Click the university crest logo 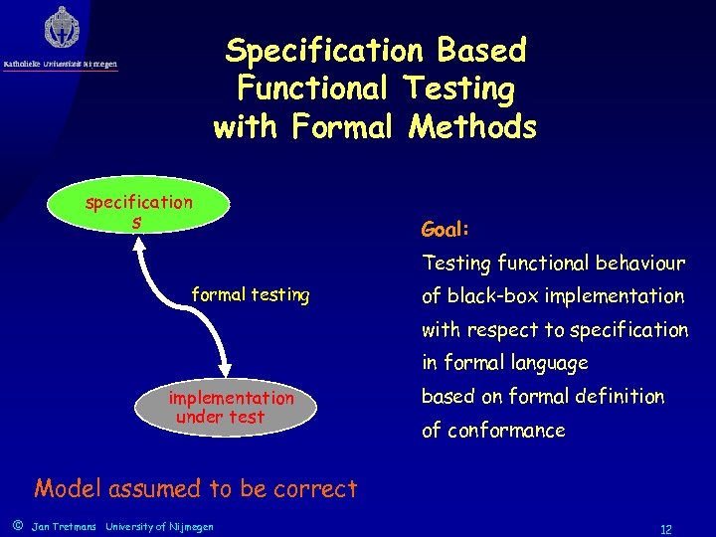[62, 28]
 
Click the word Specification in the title [323, 50]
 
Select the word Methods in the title [469, 127]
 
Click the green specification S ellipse [139, 211]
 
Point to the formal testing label [250, 295]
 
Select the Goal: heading [445, 230]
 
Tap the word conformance [506, 431]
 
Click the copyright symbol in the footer [15, 525]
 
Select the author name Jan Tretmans [65, 526]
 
